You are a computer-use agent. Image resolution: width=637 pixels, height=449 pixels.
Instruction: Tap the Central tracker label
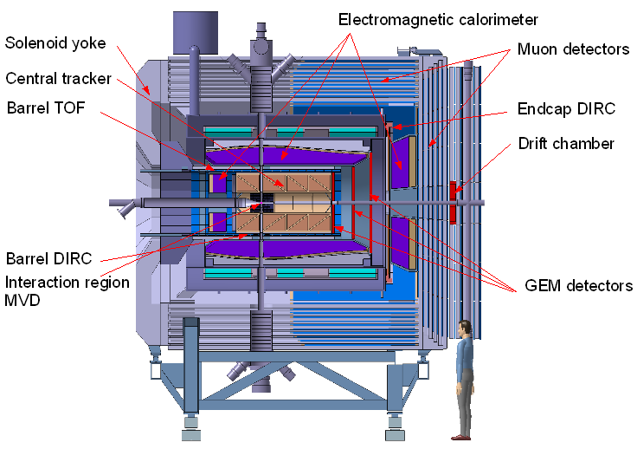(58, 79)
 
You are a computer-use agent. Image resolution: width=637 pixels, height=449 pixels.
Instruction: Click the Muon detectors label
(573, 49)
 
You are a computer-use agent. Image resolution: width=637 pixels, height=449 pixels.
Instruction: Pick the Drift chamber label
(566, 143)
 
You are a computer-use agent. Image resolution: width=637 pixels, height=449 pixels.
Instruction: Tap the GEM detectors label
(579, 285)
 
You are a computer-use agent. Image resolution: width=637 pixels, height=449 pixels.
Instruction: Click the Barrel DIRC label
(48, 258)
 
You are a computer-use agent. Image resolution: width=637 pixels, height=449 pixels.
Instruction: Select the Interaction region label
(68, 282)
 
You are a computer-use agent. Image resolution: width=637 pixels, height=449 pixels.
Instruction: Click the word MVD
(23, 299)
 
